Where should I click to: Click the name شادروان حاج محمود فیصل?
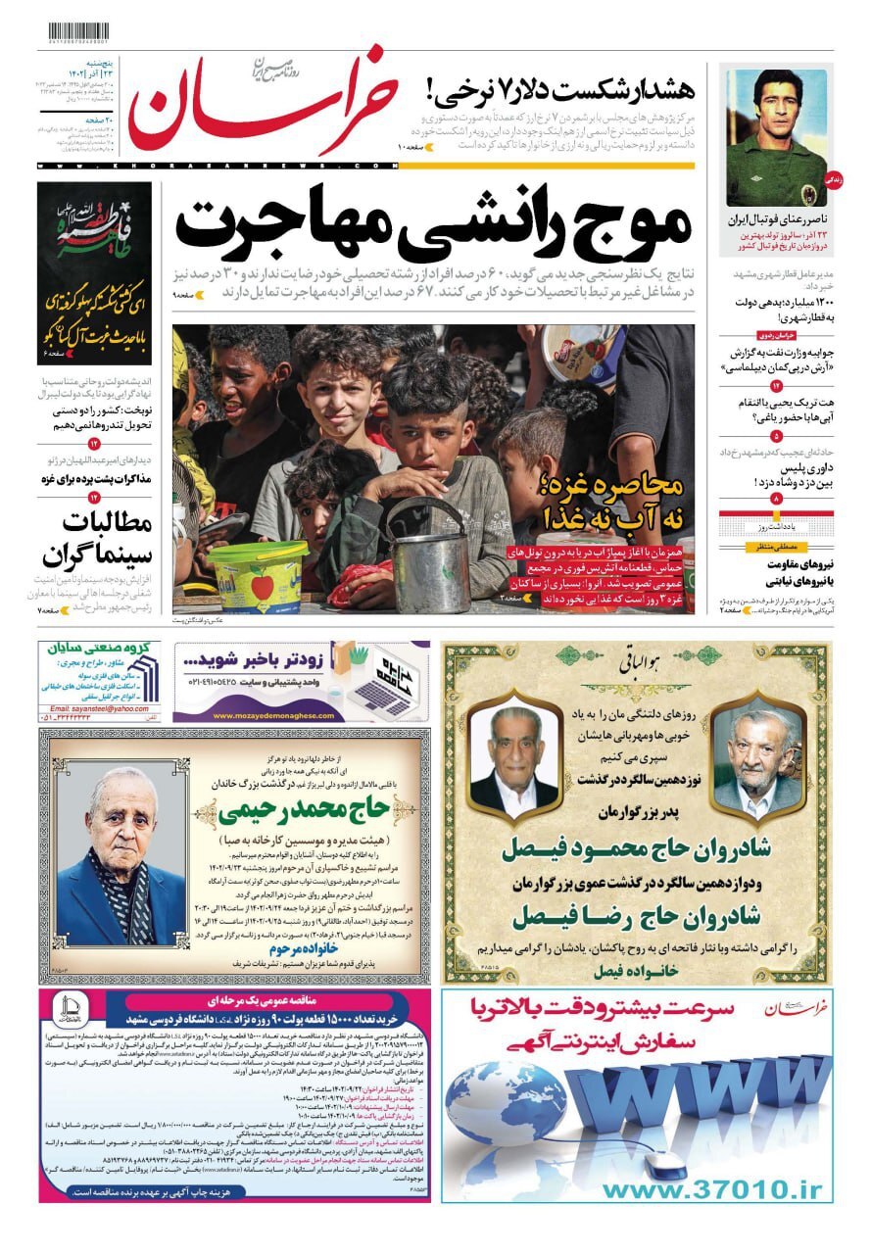coord(635,849)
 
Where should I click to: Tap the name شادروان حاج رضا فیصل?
coord(635,916)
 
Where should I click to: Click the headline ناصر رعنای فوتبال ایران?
coord(777,220)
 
